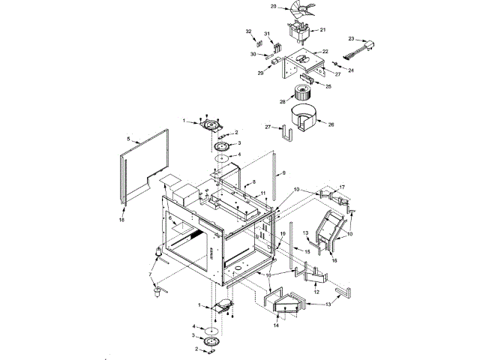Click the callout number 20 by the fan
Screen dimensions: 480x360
[x=274, y=7]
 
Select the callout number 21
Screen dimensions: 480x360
[x=323, y=30]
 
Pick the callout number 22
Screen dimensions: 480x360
[x=325, y=52]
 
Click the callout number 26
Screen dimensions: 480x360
[x=331, y=124]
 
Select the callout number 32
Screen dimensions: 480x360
[x=249, y=31]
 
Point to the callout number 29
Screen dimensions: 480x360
[x=260, y=73]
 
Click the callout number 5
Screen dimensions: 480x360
[x=128, y=139]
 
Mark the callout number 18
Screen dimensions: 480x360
[x=121, y=219]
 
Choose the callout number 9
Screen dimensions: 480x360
[x=284, y=172]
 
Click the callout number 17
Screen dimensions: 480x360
[x=341, y=187]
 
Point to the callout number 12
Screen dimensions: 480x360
[x=316, y=291]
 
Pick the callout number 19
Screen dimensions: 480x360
[x=283, y=235]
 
